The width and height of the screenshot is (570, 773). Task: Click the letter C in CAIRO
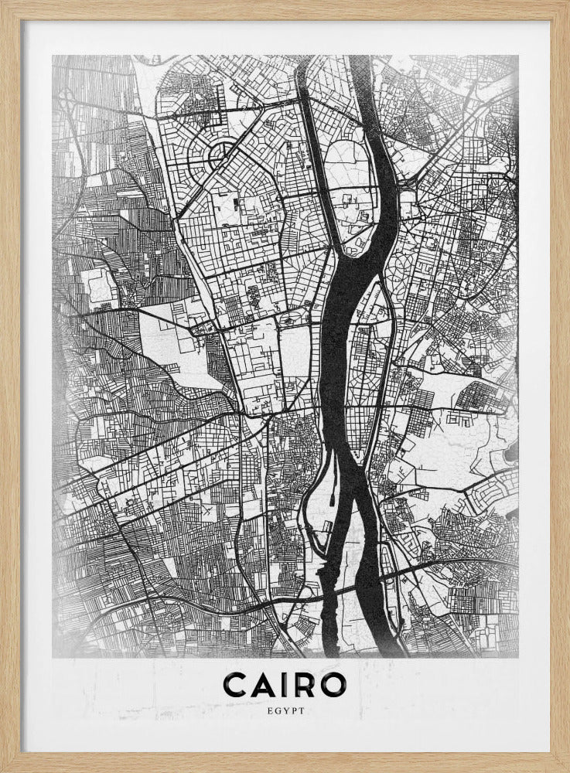(x=234, y=684)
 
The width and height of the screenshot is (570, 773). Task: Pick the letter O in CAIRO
(x=334, y=684)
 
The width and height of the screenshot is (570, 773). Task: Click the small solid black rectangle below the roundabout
(x=235, y=205)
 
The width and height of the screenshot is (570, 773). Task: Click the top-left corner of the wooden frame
(x=5, y=5)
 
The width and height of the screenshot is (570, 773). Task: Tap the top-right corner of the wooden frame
(x=565, y=5)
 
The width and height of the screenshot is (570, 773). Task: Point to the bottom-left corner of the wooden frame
(x=5, y=768)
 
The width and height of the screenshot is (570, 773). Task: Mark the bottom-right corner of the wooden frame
(x=565, y=768)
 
